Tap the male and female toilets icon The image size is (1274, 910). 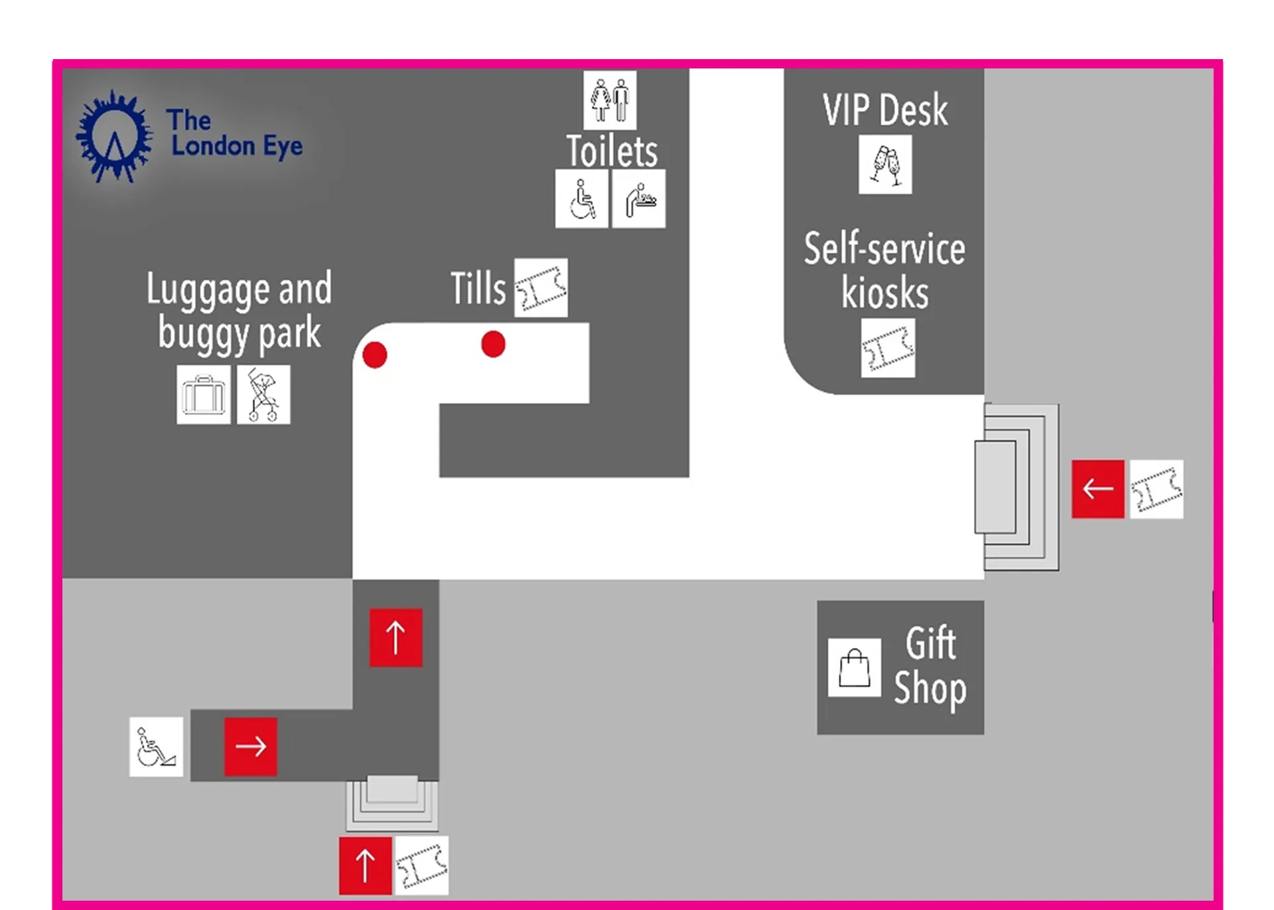[610, 100]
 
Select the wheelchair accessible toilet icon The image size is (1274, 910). [582, 198]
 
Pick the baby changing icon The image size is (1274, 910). [639, 198]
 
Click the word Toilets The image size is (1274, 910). [612, 151]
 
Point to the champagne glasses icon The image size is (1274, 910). [885, 165]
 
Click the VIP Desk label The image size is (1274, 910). [885, 110]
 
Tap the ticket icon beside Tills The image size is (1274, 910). [541, 287]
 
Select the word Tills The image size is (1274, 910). [478, 288]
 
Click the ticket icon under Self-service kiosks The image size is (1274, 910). [888, 348]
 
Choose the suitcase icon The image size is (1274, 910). [204, 394]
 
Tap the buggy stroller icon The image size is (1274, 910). [263, 394]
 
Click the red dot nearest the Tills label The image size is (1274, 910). [493, 344]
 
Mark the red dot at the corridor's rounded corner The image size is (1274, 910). [375, 355]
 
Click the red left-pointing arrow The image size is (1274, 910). [1098, 489]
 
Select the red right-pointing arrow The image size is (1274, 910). [251, 747]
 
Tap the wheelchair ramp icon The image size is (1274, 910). [156, 747]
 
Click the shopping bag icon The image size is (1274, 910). [855, 668]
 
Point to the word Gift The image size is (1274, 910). [931, 643]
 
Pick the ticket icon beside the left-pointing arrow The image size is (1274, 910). [1157, 489]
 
